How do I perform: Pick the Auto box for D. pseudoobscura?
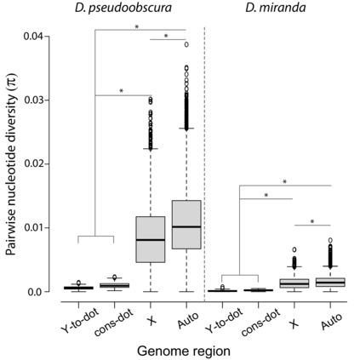(x=186, y=225)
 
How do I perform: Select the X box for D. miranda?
(x=294, y=283)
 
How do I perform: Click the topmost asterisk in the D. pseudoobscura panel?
(x=136, y=27)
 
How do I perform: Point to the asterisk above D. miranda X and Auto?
(x=313, y=221)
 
